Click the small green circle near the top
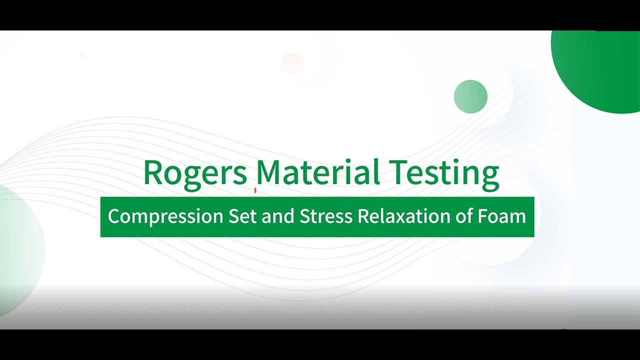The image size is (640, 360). pos(470,96)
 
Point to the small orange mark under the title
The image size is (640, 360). pos(255,190)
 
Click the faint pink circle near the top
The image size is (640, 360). pos(291,63)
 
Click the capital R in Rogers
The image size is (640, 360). pos(153,172)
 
